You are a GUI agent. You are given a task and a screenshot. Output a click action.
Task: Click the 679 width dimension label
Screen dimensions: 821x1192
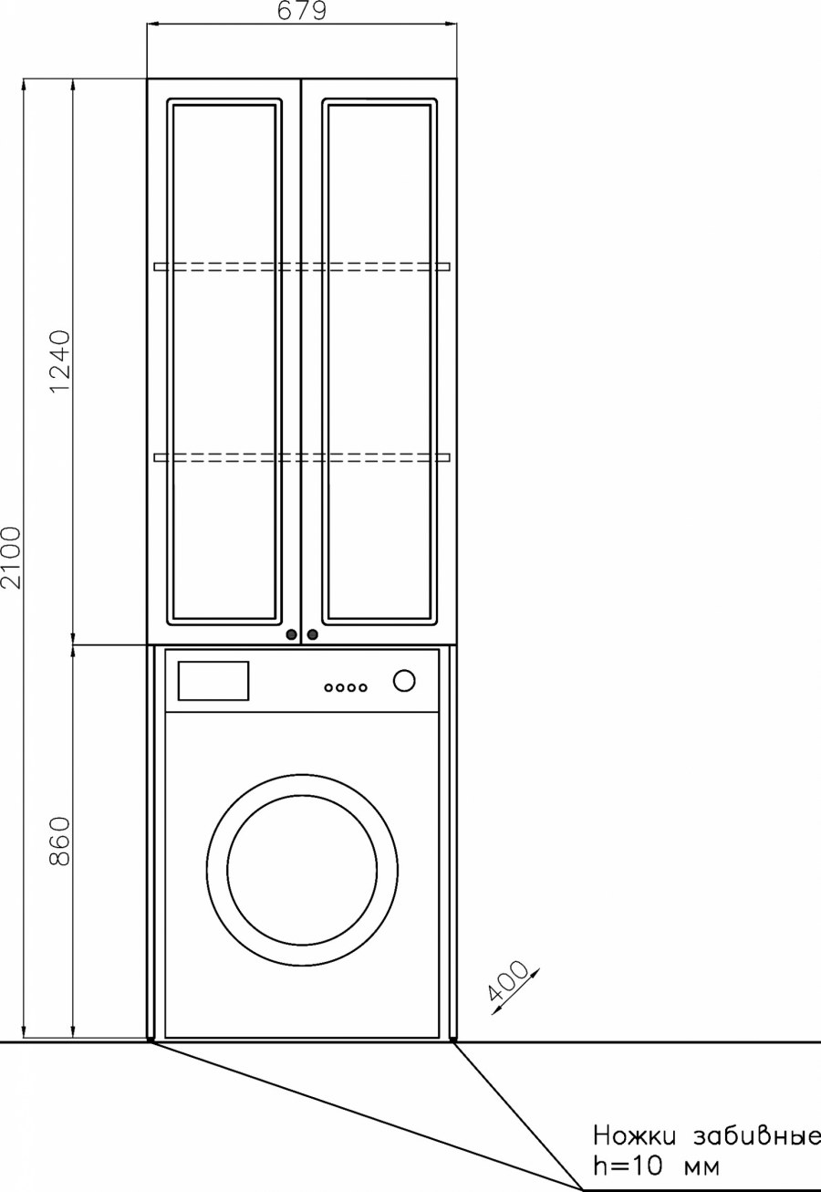pos(302,11)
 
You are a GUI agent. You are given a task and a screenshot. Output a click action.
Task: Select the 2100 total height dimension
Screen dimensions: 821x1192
pos(11,558)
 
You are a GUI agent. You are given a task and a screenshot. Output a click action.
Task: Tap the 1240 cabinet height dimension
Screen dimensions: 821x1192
pos(60,361)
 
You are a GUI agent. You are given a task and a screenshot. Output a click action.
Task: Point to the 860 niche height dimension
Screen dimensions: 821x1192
pos(60,842)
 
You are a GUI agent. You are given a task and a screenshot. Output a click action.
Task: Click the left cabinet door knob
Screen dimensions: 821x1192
pos(291,634)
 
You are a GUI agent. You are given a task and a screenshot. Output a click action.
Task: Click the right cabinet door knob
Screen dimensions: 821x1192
pos(313,634)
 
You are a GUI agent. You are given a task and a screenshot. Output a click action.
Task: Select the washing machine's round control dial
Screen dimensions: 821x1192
pos(404,681)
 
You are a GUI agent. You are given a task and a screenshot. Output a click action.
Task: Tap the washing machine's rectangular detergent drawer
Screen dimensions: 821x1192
pos(213,681)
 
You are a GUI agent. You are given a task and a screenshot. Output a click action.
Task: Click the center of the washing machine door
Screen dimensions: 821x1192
pos(302,870)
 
